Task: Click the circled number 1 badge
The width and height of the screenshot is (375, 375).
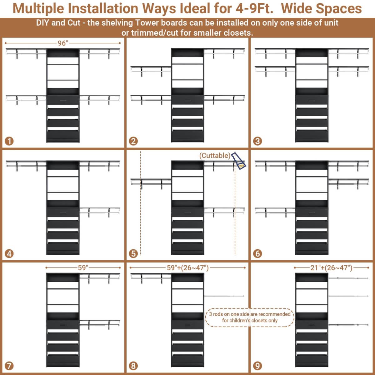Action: [9, 141]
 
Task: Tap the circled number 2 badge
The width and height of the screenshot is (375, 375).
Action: [133, 141]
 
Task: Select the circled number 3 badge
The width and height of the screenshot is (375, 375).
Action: [257, 141]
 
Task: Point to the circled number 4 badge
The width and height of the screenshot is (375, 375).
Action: [9, 253]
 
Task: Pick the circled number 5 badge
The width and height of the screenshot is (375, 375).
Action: [133, 253]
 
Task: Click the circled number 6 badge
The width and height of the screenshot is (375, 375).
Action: [257, 253]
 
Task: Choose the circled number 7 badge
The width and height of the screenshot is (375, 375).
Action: [9, 366]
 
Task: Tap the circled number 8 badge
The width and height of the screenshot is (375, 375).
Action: [133, 366]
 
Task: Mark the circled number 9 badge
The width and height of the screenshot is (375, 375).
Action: [257, 366]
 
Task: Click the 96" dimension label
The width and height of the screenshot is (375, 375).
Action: [63, 43]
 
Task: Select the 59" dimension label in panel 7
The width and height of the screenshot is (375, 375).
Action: [83, 267]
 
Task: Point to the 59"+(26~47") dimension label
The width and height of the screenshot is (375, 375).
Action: [187, 267]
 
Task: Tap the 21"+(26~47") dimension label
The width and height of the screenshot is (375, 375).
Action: [331, 267]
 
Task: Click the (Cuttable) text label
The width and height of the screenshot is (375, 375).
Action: [215, 156]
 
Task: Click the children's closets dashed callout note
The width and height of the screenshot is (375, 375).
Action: [250, 317]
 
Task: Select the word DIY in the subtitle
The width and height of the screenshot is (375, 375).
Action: [42, 23]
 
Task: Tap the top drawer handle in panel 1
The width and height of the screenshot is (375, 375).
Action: [63, 100]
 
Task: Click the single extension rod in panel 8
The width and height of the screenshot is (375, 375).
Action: [224, 296]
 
